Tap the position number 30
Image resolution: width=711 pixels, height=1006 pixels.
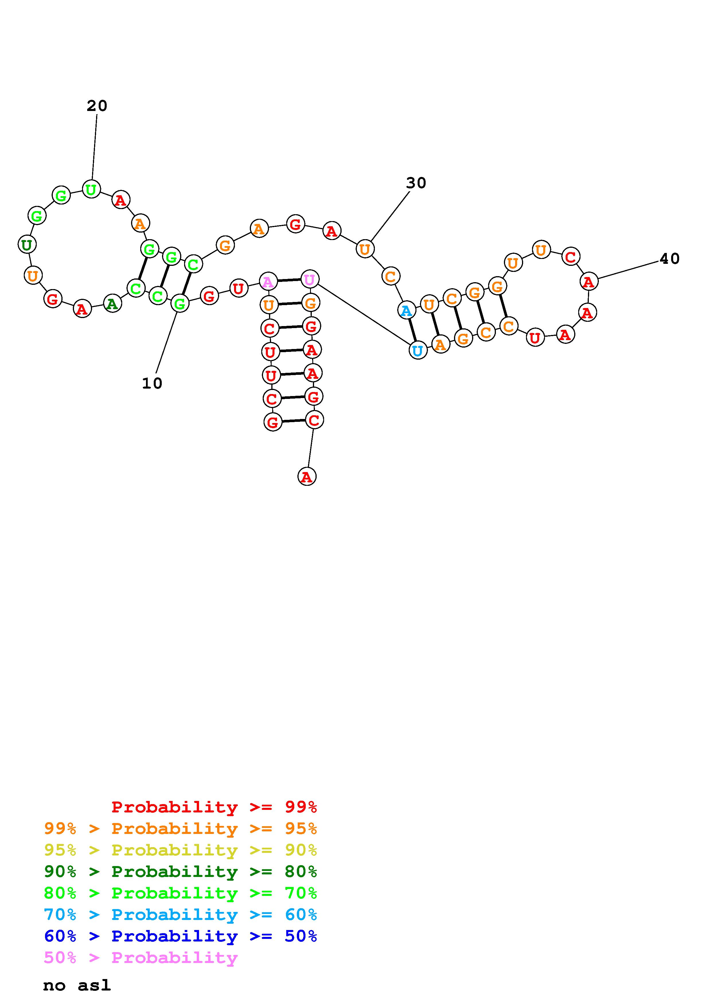click(x=416, y=183)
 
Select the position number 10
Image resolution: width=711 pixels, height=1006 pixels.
click(x=152, y=383)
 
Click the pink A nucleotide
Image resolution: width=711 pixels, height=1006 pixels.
click(x=268, y=281)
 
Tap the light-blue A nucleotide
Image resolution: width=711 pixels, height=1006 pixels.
click(x=406, y=311)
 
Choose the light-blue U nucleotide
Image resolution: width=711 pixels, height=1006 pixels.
click(x=418, y=350)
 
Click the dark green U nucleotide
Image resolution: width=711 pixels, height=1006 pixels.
click(x=27, y=245)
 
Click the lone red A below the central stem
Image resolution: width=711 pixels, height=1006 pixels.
click(x=307, y=476)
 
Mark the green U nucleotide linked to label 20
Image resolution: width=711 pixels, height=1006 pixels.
click(x=91, y=189)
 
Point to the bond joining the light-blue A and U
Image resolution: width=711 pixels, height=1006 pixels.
click(x=412, y=330)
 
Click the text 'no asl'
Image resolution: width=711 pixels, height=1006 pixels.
click(x=77, y=985)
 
